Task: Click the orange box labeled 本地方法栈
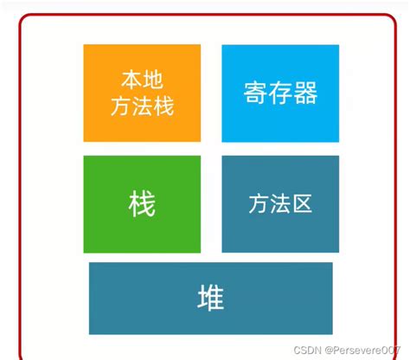coord(142,93)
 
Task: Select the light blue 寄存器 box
coord(280,93)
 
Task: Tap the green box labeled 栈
coord(142,204)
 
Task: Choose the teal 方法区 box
coord(280,204)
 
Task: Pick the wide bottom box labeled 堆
coord(211,298)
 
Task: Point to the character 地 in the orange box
coord(153,80)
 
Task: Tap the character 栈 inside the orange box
coord(163,106)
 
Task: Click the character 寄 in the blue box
coord(255,93)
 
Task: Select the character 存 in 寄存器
coord(280,93)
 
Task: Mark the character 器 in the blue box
coord(305,93)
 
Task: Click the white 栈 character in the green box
coord(142,205)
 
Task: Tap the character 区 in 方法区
coord(302,204)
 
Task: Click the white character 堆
coord(211,299)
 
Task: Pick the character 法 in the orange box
coord(142,106)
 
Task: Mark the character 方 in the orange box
coord(121,106)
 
